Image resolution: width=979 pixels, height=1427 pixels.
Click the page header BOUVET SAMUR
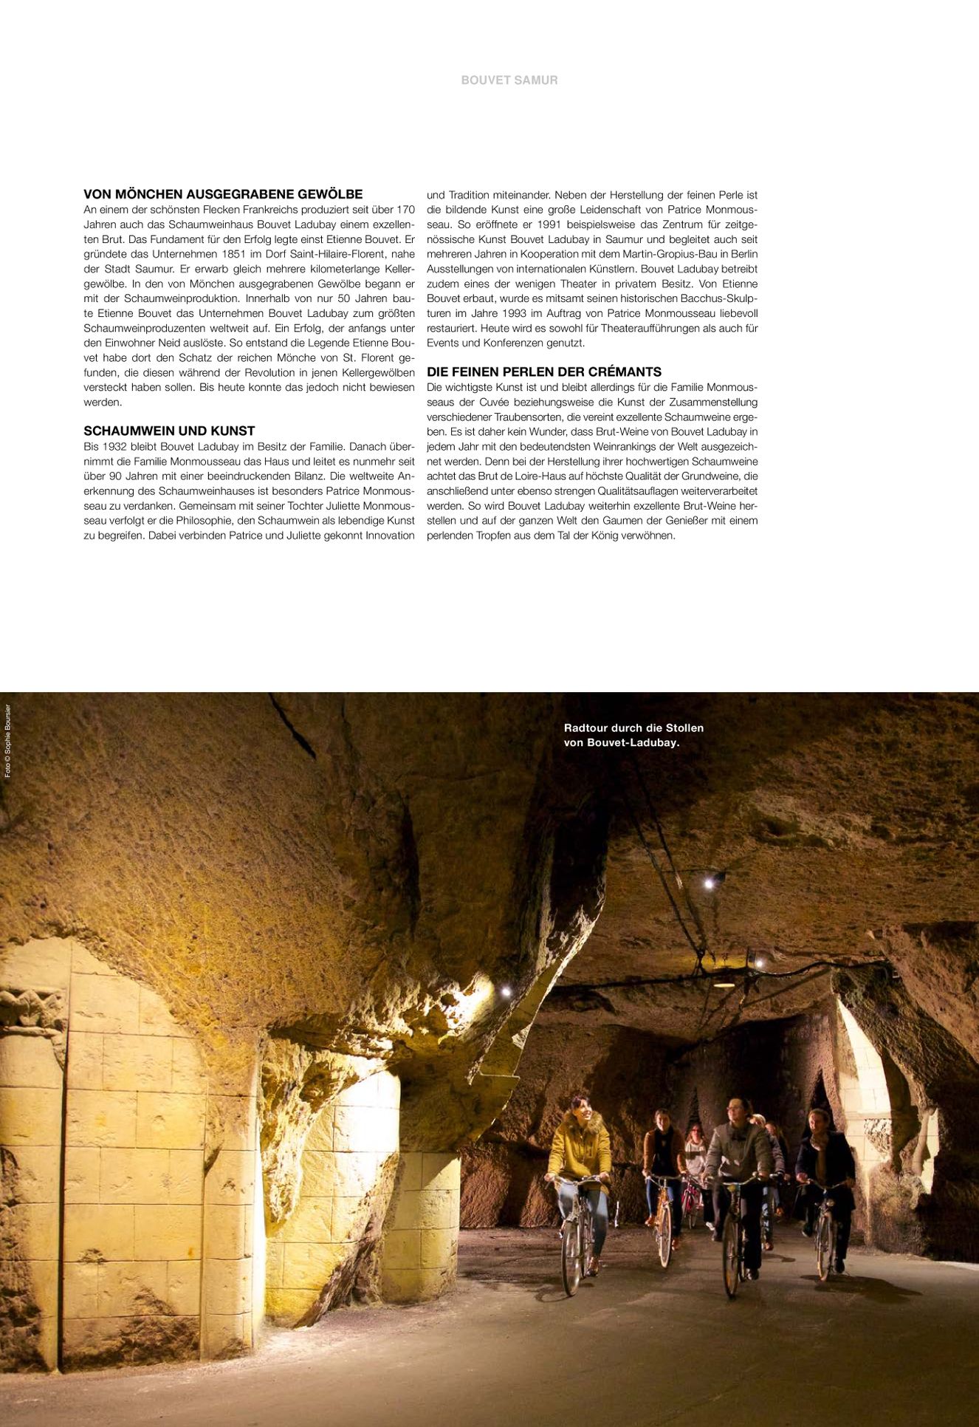pyautogui.click(x=509, y=80)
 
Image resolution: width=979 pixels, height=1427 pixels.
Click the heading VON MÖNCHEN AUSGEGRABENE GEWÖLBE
pyautogui.click(x=223, y=194)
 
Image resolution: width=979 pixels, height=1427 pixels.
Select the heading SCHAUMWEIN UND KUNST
pyautogui.click(x=169, y=431)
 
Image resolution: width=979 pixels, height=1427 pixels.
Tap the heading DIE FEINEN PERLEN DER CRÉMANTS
pyautogui.click(x=544, y=372)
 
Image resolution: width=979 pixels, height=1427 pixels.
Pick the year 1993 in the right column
pyautogui.click(x=514, y=313)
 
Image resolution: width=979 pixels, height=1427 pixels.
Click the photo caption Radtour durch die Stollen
pyautogui.click(x=633, y=728)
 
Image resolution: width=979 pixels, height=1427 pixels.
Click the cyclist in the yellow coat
pyautogui.click(x=580, y=1149)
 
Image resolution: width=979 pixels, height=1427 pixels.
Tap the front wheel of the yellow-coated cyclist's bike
pyautogui.click(x=572, y=1256)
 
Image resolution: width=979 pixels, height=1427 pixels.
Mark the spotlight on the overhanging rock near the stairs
pyautogui.click(x=506, y=990)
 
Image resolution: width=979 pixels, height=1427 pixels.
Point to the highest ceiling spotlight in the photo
pyautogui.click(x=709, y=883)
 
